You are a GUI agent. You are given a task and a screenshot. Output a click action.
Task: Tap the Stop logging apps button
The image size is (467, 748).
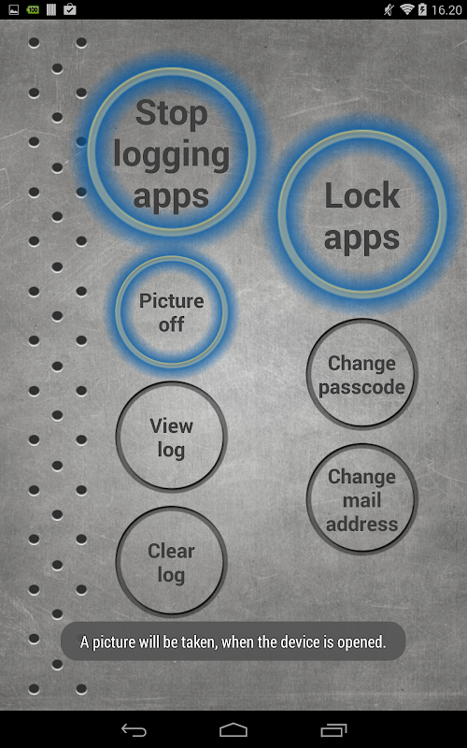[172, 151]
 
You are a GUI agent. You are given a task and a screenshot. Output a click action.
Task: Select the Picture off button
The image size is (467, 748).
[172, 312]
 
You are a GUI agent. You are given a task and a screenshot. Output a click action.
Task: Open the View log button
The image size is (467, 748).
[172, 437]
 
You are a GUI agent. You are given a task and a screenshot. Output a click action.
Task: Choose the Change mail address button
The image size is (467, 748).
[361, 499]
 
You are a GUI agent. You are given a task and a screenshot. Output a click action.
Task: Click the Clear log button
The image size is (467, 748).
[172, 563]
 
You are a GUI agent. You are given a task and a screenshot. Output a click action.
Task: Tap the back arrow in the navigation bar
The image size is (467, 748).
[134, 730]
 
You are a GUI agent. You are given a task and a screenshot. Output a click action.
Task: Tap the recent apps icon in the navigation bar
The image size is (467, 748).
[333, 730]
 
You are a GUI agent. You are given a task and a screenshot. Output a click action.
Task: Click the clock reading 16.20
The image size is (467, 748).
[446, 10]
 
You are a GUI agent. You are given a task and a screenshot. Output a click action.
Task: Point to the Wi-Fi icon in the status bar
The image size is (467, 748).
[406, 9]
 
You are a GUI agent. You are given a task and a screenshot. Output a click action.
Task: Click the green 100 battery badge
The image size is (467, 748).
[33, 9]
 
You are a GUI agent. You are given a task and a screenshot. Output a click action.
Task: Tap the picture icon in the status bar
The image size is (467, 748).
[14, 9]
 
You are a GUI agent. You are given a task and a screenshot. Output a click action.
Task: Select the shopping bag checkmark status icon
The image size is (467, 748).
[69, 9]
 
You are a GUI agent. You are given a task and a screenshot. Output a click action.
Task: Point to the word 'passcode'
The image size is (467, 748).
[361, 387]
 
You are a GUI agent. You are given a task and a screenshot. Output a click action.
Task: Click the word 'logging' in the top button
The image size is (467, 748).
[172, 156]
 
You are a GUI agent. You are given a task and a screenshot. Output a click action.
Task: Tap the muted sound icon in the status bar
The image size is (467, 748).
[389, 9]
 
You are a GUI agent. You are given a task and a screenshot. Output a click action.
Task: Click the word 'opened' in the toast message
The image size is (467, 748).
[361, 642]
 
